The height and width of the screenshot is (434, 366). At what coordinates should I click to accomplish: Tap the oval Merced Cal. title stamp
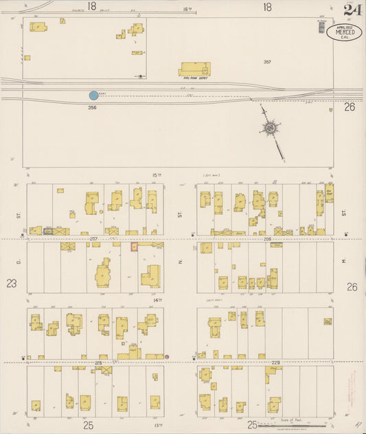click(x=343, y=33)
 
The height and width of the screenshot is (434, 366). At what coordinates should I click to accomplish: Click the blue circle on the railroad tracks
click(x=93, y=95)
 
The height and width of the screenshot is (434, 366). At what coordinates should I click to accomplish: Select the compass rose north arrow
click(x=272, y=128)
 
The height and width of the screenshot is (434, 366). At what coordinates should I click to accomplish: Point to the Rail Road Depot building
click(x=194, y=69)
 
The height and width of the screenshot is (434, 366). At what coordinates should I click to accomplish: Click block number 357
click(x=268, y=62)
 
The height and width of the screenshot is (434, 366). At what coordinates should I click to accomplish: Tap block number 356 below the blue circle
click(x=92, y=108)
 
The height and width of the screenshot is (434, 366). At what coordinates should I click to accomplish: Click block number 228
click(x=98, y=362)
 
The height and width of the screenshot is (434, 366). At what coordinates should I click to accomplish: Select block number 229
click(x=276, y=362)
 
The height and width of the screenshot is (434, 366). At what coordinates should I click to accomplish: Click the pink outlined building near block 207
click(x=134, y=246)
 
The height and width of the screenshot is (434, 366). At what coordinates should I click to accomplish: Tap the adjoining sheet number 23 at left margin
click(x=11, y=283)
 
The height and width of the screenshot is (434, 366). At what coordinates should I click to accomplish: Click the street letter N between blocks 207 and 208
click(x=180, y=262)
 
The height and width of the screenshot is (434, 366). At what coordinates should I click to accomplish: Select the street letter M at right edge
click(x=343, y=262)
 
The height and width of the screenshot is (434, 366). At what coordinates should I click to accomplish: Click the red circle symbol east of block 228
click(x=167, y=357)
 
